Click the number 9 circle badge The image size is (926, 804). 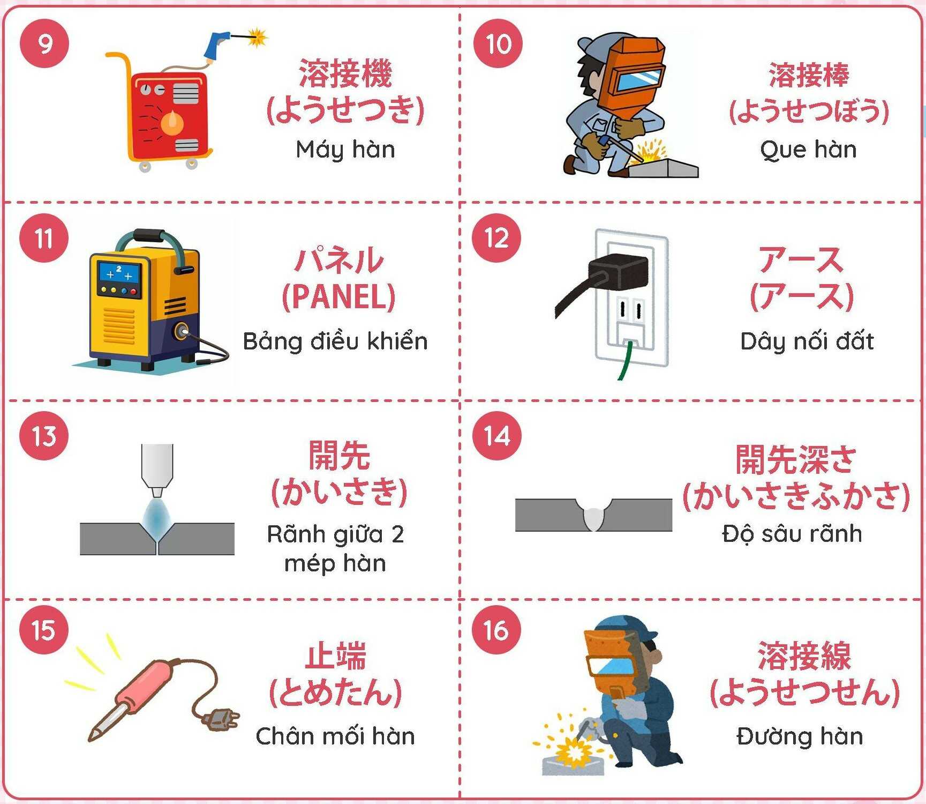pyautogui.click(x=44, y=43)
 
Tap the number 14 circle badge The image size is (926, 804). pyautogui.click(x=497, y=436)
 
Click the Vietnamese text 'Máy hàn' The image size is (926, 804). pyautogui.click(x=345, y=150)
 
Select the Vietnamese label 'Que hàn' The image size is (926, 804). pyautogui.click(x=808, y=150)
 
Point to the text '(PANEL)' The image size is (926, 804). pyautogui.click(x=338, y=296)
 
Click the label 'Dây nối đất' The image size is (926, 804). pyautogui.click(x=807, y=341)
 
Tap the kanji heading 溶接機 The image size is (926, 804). pyautogui.click(x=345, y=73)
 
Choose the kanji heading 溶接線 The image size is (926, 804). pyautogui.click(x=804, y=656)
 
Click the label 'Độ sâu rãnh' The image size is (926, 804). pyautogui.click(x=792, y=533)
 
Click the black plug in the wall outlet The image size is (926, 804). pyautogui.click(x=618, y=272)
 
